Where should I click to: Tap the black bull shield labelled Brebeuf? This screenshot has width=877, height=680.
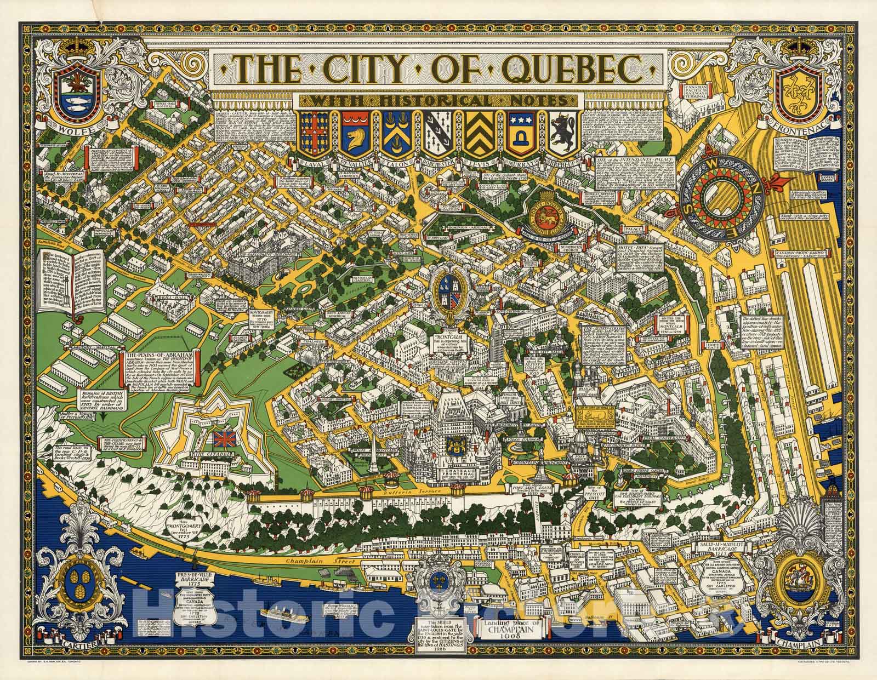[x=565, y=134]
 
